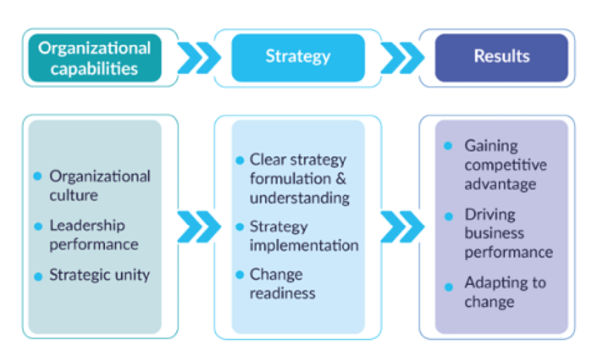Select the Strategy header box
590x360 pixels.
pos(298,57)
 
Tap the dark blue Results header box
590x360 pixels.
pos(501,57)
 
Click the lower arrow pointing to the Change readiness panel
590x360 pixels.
pos(197,226)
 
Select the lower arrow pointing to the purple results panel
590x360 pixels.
pos(401,226)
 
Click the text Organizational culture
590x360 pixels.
pos(99,186)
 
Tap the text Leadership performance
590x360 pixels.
pos(93,235)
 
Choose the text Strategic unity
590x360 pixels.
pos(99,275)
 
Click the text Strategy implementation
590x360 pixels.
pos(304,236)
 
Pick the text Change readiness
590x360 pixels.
pos(283,284)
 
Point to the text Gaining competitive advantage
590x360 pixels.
pos(505,165)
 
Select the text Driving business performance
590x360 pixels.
pos(508,233)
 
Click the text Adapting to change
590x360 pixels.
pos(504,292)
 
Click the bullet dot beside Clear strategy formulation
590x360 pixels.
pos(240,161)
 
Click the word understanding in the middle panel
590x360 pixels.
pos(299,199)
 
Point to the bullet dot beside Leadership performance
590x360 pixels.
pos(38,227)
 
